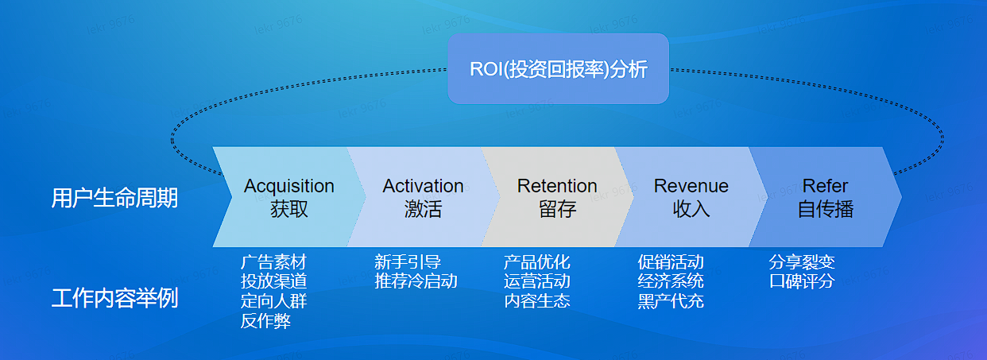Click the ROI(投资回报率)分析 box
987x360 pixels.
click(x=558, y=69)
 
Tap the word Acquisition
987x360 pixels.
click(x=289, y=186)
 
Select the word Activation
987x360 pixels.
click(x=423, y=186)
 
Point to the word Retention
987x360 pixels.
click(x=557, y=186)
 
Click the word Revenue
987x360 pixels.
click(x=691, y=186)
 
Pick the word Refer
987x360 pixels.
click(x=825, y=186)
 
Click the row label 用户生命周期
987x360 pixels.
click(x=114, y=198)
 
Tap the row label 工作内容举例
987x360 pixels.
click(x=114, y=299)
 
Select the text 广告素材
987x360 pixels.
click(x=273, y=262)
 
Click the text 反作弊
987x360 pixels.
click(x=265, y=321)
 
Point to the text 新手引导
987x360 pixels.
click(x=408, y=262)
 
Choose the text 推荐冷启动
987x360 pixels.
click(x=416, y=281)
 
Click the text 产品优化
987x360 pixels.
click(x=536, y=262)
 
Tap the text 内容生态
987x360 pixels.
click(x=536, y=301)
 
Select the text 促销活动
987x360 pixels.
click(x=671, y=262)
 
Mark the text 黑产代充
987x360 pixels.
click(x=671, y=301)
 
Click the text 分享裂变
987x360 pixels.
click(x=802, y=262)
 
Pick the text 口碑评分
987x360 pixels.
click(x=802, y=281)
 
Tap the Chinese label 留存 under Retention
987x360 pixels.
click(x=557, y=210)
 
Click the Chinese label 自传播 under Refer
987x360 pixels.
click(x=825, y=210)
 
